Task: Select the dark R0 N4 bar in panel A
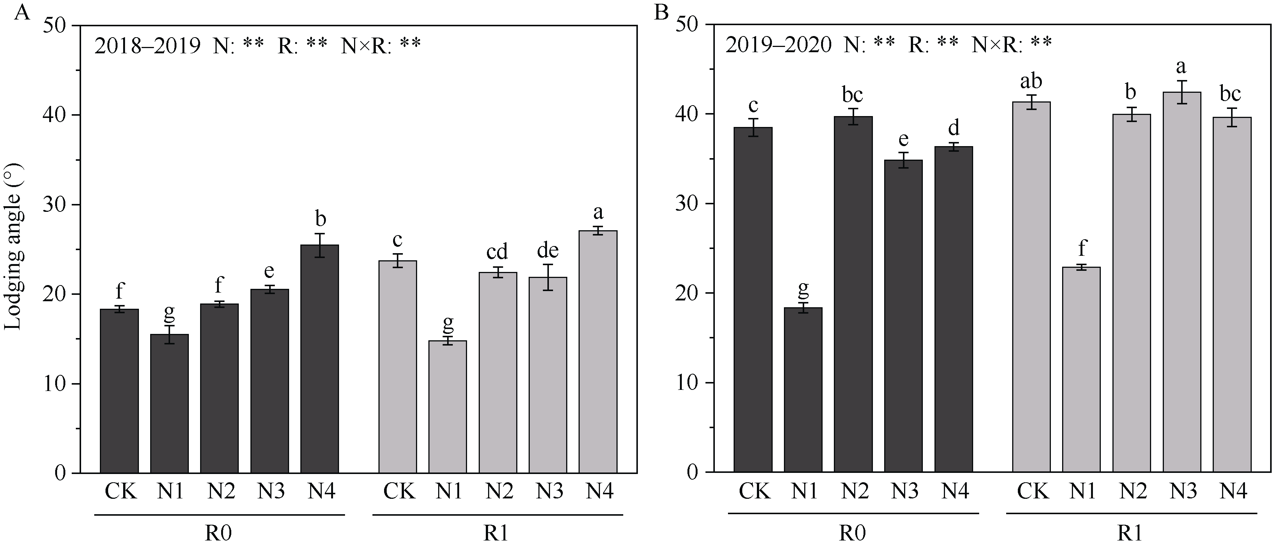tap(320, 361)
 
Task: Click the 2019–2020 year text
tap(778, 45)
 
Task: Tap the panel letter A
tap(22, 12)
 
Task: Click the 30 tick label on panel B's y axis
tap(687, 204)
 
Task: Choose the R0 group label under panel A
tap(219, 534)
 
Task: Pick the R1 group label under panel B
tap(1130, 534)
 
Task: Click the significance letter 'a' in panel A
tap(598, 213)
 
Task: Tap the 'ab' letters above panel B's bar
tap(1031, 80)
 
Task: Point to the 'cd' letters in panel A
tap(497, 252)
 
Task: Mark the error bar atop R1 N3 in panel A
tap(548, 277)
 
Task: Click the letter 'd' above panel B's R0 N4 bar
tap(954, 128)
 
